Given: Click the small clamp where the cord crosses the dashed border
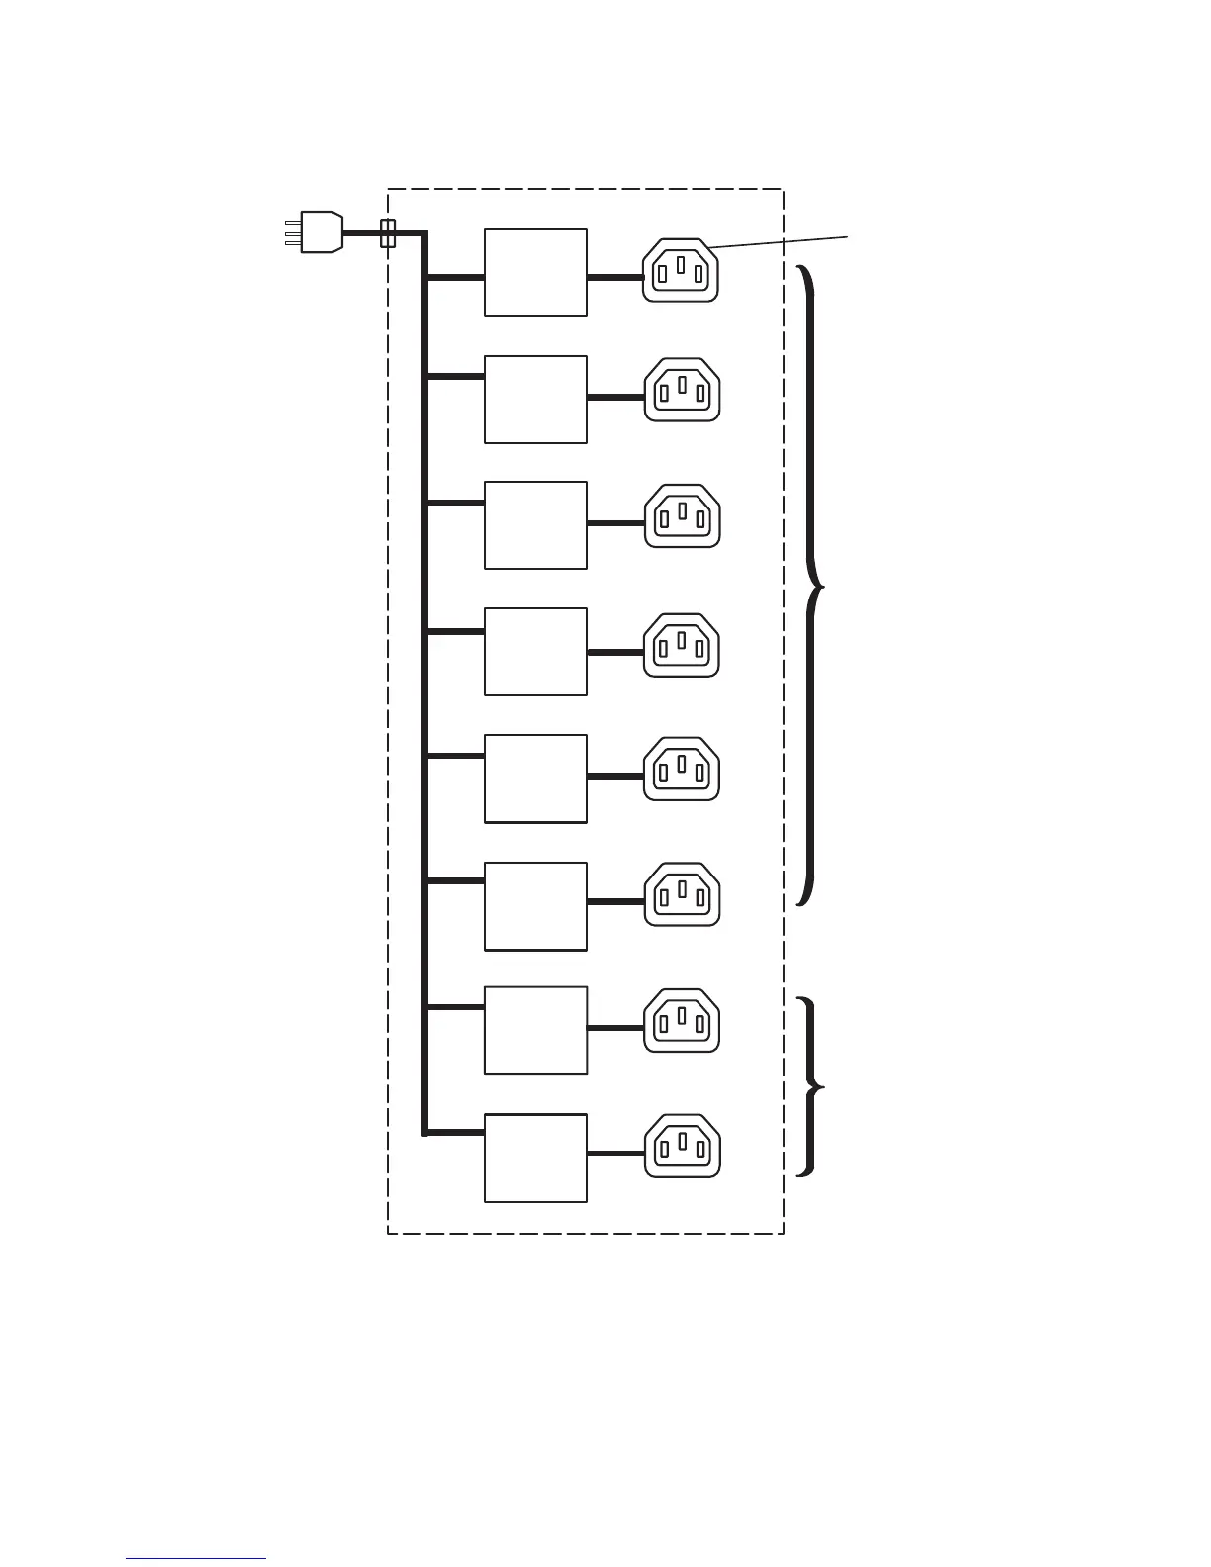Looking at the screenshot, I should coord(389,233).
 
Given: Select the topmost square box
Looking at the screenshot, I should coord(535,272).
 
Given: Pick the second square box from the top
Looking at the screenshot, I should coord(535,400).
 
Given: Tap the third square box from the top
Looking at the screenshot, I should coord(535,525).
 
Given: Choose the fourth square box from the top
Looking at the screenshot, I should coord(535,652).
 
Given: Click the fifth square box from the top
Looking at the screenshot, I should coord(535,779).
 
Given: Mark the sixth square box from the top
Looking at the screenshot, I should coord(535,906).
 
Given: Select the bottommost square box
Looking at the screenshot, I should coord(535,1158).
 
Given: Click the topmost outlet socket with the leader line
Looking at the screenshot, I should coord(681,270).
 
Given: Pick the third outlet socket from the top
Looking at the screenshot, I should coord(683,515).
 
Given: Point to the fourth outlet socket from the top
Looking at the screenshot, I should coord(683,645).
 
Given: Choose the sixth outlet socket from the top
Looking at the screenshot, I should coord(683,894).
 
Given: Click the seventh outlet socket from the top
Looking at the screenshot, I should coord(683,1020).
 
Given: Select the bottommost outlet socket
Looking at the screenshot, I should coord(683,1146).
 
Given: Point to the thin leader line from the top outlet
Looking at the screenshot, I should coord(778,241).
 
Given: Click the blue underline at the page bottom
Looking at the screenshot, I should coord(196,1559).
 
